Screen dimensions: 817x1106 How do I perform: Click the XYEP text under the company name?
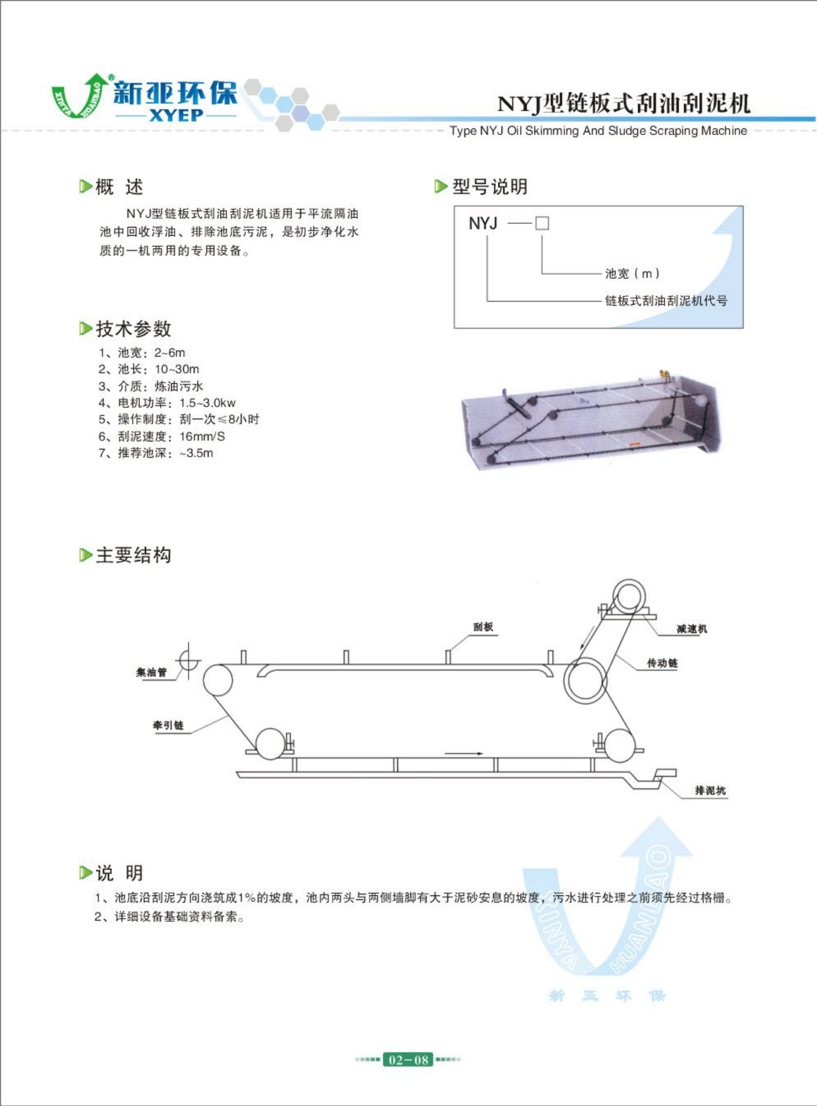(176, 115)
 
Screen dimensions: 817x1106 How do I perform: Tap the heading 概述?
(119, 187)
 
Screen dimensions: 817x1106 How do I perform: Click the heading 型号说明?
(490, 186)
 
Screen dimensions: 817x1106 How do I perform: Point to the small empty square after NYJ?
(542, 223)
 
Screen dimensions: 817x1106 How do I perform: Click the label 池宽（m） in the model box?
(633, 273)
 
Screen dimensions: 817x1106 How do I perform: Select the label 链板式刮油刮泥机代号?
(666, 301)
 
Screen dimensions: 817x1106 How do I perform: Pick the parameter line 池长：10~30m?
(148, 369)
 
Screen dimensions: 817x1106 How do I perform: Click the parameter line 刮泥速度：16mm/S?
(161, 437)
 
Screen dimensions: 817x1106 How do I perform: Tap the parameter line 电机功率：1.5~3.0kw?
(167, 403)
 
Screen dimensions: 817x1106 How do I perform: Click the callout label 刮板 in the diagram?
(483, 627)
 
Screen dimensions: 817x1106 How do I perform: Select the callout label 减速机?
(692, 629)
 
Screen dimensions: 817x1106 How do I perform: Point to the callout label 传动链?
(662, 663)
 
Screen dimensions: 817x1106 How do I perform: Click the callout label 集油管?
(152, 672)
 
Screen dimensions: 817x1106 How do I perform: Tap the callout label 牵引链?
(168, 725)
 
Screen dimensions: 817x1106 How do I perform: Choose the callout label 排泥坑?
(711, 791)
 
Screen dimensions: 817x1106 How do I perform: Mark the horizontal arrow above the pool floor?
(463, 754)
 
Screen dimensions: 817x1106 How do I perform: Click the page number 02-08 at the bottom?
(408, 1060)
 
